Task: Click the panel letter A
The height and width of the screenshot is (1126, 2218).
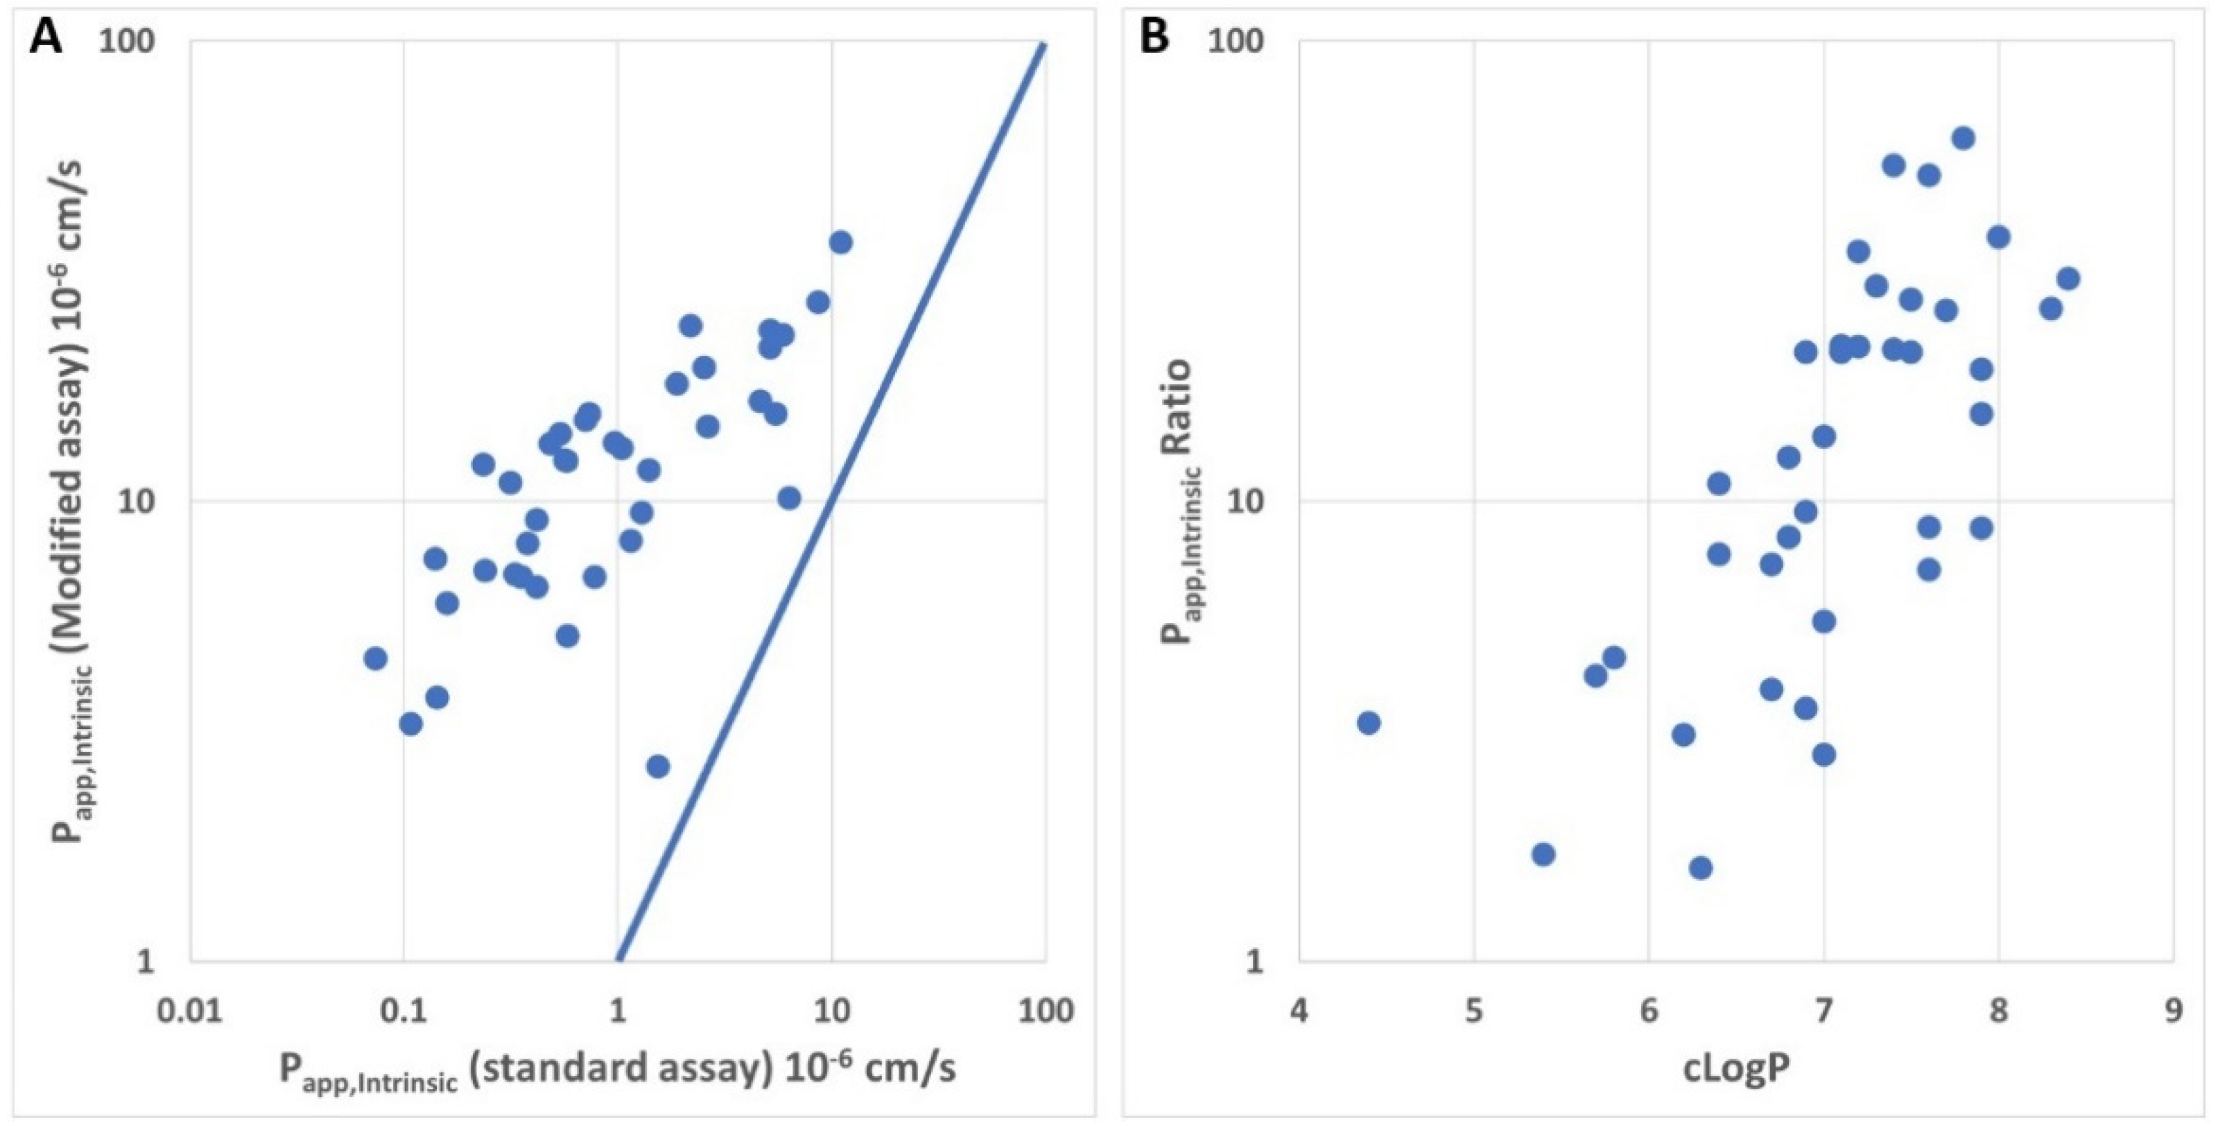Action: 45,38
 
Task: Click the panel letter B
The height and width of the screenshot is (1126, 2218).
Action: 1153,38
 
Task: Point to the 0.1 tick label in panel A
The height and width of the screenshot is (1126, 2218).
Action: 403,1011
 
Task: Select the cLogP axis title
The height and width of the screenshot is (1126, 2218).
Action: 1737,1069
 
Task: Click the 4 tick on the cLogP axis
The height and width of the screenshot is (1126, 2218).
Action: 1299,1011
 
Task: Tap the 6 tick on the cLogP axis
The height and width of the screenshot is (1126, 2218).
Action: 1649,1011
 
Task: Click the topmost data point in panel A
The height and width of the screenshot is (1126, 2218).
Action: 840,242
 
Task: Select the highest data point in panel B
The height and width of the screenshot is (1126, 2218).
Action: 1963,138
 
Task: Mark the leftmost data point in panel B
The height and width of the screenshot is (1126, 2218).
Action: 1368,722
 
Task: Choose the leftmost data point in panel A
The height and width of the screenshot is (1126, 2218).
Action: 375,658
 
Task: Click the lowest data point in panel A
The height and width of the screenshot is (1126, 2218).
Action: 658,766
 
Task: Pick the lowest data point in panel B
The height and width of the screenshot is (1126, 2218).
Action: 1701,867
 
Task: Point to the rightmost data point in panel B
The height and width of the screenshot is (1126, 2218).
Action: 2068,278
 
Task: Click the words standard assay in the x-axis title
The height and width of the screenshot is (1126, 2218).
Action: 618,1069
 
